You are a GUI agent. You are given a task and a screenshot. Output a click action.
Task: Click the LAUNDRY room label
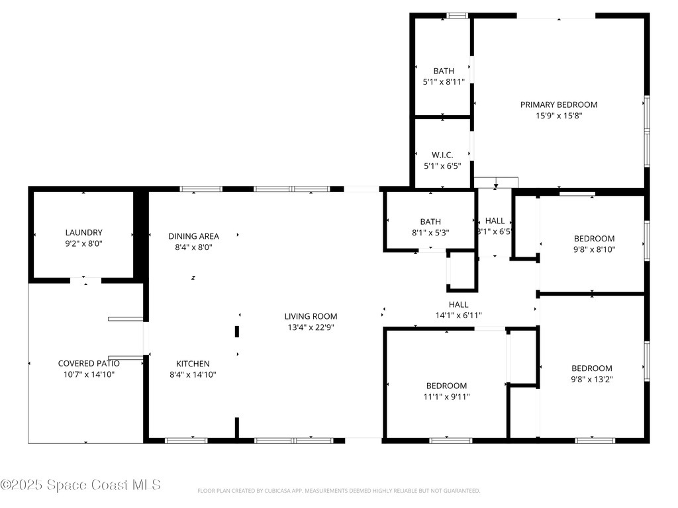(84, 232)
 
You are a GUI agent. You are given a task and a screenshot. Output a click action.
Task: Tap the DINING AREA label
(194, 236)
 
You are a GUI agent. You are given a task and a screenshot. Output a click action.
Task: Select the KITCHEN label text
(193, 364)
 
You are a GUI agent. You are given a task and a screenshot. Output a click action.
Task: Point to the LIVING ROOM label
(311, 316)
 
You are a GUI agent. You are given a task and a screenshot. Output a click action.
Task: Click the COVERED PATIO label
(89, 363)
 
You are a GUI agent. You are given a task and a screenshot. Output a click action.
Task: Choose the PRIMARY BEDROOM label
(559, 105)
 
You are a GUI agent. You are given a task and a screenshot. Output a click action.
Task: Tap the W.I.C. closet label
(442, 155)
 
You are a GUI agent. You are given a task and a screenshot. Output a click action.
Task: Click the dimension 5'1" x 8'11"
(444, 81)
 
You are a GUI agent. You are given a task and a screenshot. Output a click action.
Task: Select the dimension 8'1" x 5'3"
(430, 232)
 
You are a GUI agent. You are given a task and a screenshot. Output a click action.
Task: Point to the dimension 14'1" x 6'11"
(458, 316)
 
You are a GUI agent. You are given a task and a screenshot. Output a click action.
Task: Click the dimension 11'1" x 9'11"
(447, 397)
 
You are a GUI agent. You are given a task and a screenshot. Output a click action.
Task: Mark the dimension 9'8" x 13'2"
(592, 379)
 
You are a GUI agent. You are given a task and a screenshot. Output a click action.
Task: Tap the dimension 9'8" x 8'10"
(594, 249)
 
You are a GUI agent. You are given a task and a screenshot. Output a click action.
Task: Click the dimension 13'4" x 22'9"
(311, 327)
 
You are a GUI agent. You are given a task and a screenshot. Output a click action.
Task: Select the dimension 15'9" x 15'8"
(559, 115)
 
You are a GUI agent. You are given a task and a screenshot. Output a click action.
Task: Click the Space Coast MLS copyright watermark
(81, 485)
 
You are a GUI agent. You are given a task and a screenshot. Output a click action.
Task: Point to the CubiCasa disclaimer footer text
(338, 491)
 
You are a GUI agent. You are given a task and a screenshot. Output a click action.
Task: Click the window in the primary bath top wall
(457, 16)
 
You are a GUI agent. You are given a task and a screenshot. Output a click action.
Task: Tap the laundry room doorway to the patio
(85, 280)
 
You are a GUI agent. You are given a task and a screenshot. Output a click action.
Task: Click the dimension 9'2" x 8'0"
(84, 243)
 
